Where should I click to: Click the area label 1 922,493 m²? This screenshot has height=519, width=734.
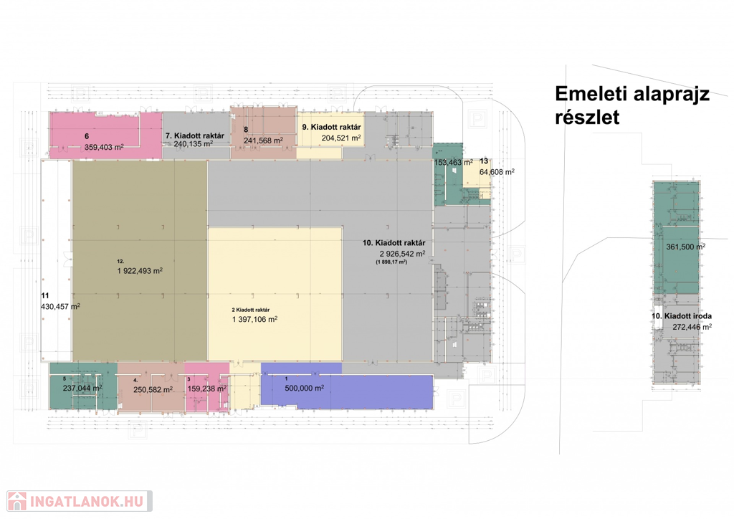tap(140, 270)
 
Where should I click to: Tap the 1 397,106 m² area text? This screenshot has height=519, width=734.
tap(254, 319)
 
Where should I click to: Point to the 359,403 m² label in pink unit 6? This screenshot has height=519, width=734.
tap(104, 147)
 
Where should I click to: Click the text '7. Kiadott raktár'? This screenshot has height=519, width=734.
tap(195, 135)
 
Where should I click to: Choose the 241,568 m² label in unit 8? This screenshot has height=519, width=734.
tap(263, 141)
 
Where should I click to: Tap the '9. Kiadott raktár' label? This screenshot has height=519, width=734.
tap(331, 127)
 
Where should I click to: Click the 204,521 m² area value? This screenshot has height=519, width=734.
tap(341, 138)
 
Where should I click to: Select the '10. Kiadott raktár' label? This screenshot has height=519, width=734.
tap(394, 243)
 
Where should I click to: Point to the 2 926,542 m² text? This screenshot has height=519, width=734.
tap(403, 254)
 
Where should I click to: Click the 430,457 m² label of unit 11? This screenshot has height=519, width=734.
tap(60, 307)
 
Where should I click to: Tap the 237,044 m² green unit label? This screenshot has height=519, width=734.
tap(82, 388)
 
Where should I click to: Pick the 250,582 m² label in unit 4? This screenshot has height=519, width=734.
tap(153, 389)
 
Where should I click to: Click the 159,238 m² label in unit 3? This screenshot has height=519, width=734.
tap(207, 389)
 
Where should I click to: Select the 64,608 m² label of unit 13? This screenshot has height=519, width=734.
tap(497, 172)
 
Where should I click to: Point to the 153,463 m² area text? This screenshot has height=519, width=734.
tap(454, 163)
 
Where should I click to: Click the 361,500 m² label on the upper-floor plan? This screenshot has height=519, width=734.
tap(686, 247)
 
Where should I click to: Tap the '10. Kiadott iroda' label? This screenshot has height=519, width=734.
tap(682, 316)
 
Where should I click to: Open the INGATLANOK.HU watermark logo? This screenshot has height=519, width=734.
tap(80, 501)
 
